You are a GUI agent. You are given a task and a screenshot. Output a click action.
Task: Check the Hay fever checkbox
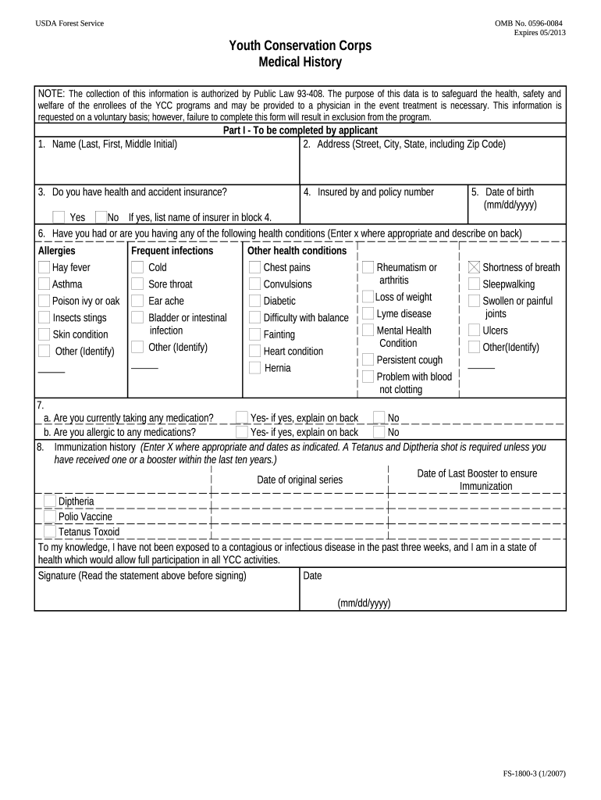pos(44,268)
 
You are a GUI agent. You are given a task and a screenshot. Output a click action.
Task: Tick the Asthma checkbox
pos(44,284)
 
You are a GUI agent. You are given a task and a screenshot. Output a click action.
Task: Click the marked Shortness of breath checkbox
pos(474,267)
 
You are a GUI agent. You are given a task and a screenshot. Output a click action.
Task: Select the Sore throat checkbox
pos(137,284)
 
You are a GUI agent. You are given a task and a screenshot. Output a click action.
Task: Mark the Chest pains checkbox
pos(255,268)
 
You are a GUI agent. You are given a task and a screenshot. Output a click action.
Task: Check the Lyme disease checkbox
pos(368,313)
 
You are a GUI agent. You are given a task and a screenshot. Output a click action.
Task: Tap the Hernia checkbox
pos(255,368)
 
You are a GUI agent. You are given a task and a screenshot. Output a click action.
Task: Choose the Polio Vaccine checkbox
pos(50,516)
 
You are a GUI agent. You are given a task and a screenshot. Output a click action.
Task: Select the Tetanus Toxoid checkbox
pos(50,532)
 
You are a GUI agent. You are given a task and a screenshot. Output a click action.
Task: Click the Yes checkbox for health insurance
pos(59,217)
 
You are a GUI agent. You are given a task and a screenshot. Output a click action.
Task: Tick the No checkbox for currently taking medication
pos(379,417)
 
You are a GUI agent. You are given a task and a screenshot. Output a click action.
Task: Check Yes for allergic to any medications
pos(242,432)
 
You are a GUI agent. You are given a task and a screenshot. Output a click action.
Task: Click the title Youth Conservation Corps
pos(300,46)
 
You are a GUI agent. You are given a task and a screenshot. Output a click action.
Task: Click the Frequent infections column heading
pos(172,251)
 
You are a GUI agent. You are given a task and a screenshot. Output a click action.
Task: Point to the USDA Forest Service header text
pos(69,23)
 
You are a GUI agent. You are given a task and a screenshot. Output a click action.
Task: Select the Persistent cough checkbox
pos(368,359)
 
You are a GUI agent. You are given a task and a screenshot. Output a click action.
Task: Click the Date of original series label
pos(300,480)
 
